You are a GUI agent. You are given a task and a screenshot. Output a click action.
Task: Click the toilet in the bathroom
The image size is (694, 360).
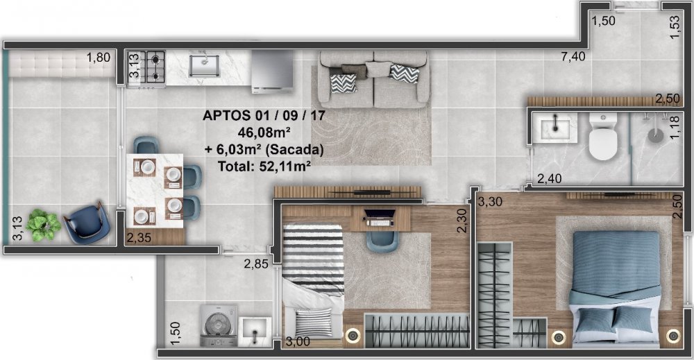click(603, 137)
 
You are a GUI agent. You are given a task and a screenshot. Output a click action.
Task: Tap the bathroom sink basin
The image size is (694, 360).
click(555, 128)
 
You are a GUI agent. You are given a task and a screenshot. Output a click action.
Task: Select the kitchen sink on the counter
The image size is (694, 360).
click(204, 66)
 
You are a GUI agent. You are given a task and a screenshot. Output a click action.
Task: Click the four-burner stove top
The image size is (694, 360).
click(146, 67)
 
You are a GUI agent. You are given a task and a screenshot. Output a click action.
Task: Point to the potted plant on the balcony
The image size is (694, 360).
click(43, 225)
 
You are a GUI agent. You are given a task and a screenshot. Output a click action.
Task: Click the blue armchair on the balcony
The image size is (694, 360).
click(86, 223)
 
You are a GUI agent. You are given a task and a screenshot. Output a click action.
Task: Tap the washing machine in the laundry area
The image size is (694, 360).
click(218, 325)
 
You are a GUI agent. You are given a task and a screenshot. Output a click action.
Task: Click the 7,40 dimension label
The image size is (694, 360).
click(573, 57)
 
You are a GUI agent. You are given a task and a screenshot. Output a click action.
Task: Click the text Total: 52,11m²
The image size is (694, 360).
click(264, 166)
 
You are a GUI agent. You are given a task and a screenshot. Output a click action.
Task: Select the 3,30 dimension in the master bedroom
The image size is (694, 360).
click(491, 202)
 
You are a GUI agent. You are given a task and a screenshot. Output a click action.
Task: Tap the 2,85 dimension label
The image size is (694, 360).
click(256, 264)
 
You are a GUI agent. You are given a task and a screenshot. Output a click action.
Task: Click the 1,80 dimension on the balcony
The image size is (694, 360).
click(99, 58)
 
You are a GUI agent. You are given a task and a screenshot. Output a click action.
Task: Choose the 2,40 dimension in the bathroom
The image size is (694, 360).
click(549, 179)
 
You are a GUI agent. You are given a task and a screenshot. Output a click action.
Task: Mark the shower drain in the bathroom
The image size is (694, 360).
click(656, 135)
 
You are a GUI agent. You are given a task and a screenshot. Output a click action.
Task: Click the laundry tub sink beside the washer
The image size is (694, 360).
click(255, 332)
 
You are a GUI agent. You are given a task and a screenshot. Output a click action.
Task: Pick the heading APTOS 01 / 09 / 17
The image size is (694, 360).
click(264, 115)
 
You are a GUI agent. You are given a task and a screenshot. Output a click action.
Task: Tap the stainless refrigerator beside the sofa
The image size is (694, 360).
click(272, 71)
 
